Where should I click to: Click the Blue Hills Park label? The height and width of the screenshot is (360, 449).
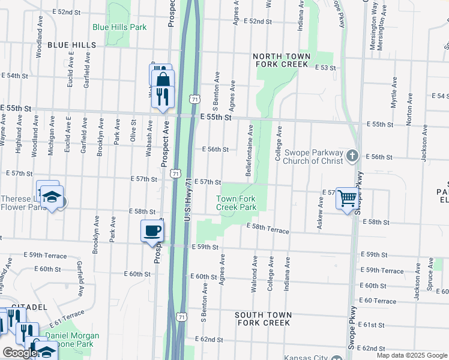pyautogui.click(x=119, y=27)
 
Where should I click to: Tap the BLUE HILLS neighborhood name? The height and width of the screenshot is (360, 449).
pyautogui.click(x=71, y=45)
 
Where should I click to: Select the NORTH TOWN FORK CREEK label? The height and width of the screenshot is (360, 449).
pyautogui.click(x=283, y=59)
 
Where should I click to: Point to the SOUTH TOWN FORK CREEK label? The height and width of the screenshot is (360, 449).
pyautogui.click(x=263, y=319)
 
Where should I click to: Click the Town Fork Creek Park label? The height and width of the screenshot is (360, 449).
pyautogui.click(x=237, y=203)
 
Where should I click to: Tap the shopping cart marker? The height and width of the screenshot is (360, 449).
pyautogui.click(x=348, y=197)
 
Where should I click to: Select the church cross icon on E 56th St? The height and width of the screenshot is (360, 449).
pyautogui.click(x=352, y=156)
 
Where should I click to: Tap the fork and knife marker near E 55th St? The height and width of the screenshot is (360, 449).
pyautogui.click(x=162, y=95)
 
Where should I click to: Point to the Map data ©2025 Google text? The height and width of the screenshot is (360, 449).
pyautogui.click(x=411, y=355)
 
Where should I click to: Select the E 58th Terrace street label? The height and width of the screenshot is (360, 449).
pyautogui.click(x=268, y=229)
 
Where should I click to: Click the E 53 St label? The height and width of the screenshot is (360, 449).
pyautogui.click(x=326, y=68)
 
